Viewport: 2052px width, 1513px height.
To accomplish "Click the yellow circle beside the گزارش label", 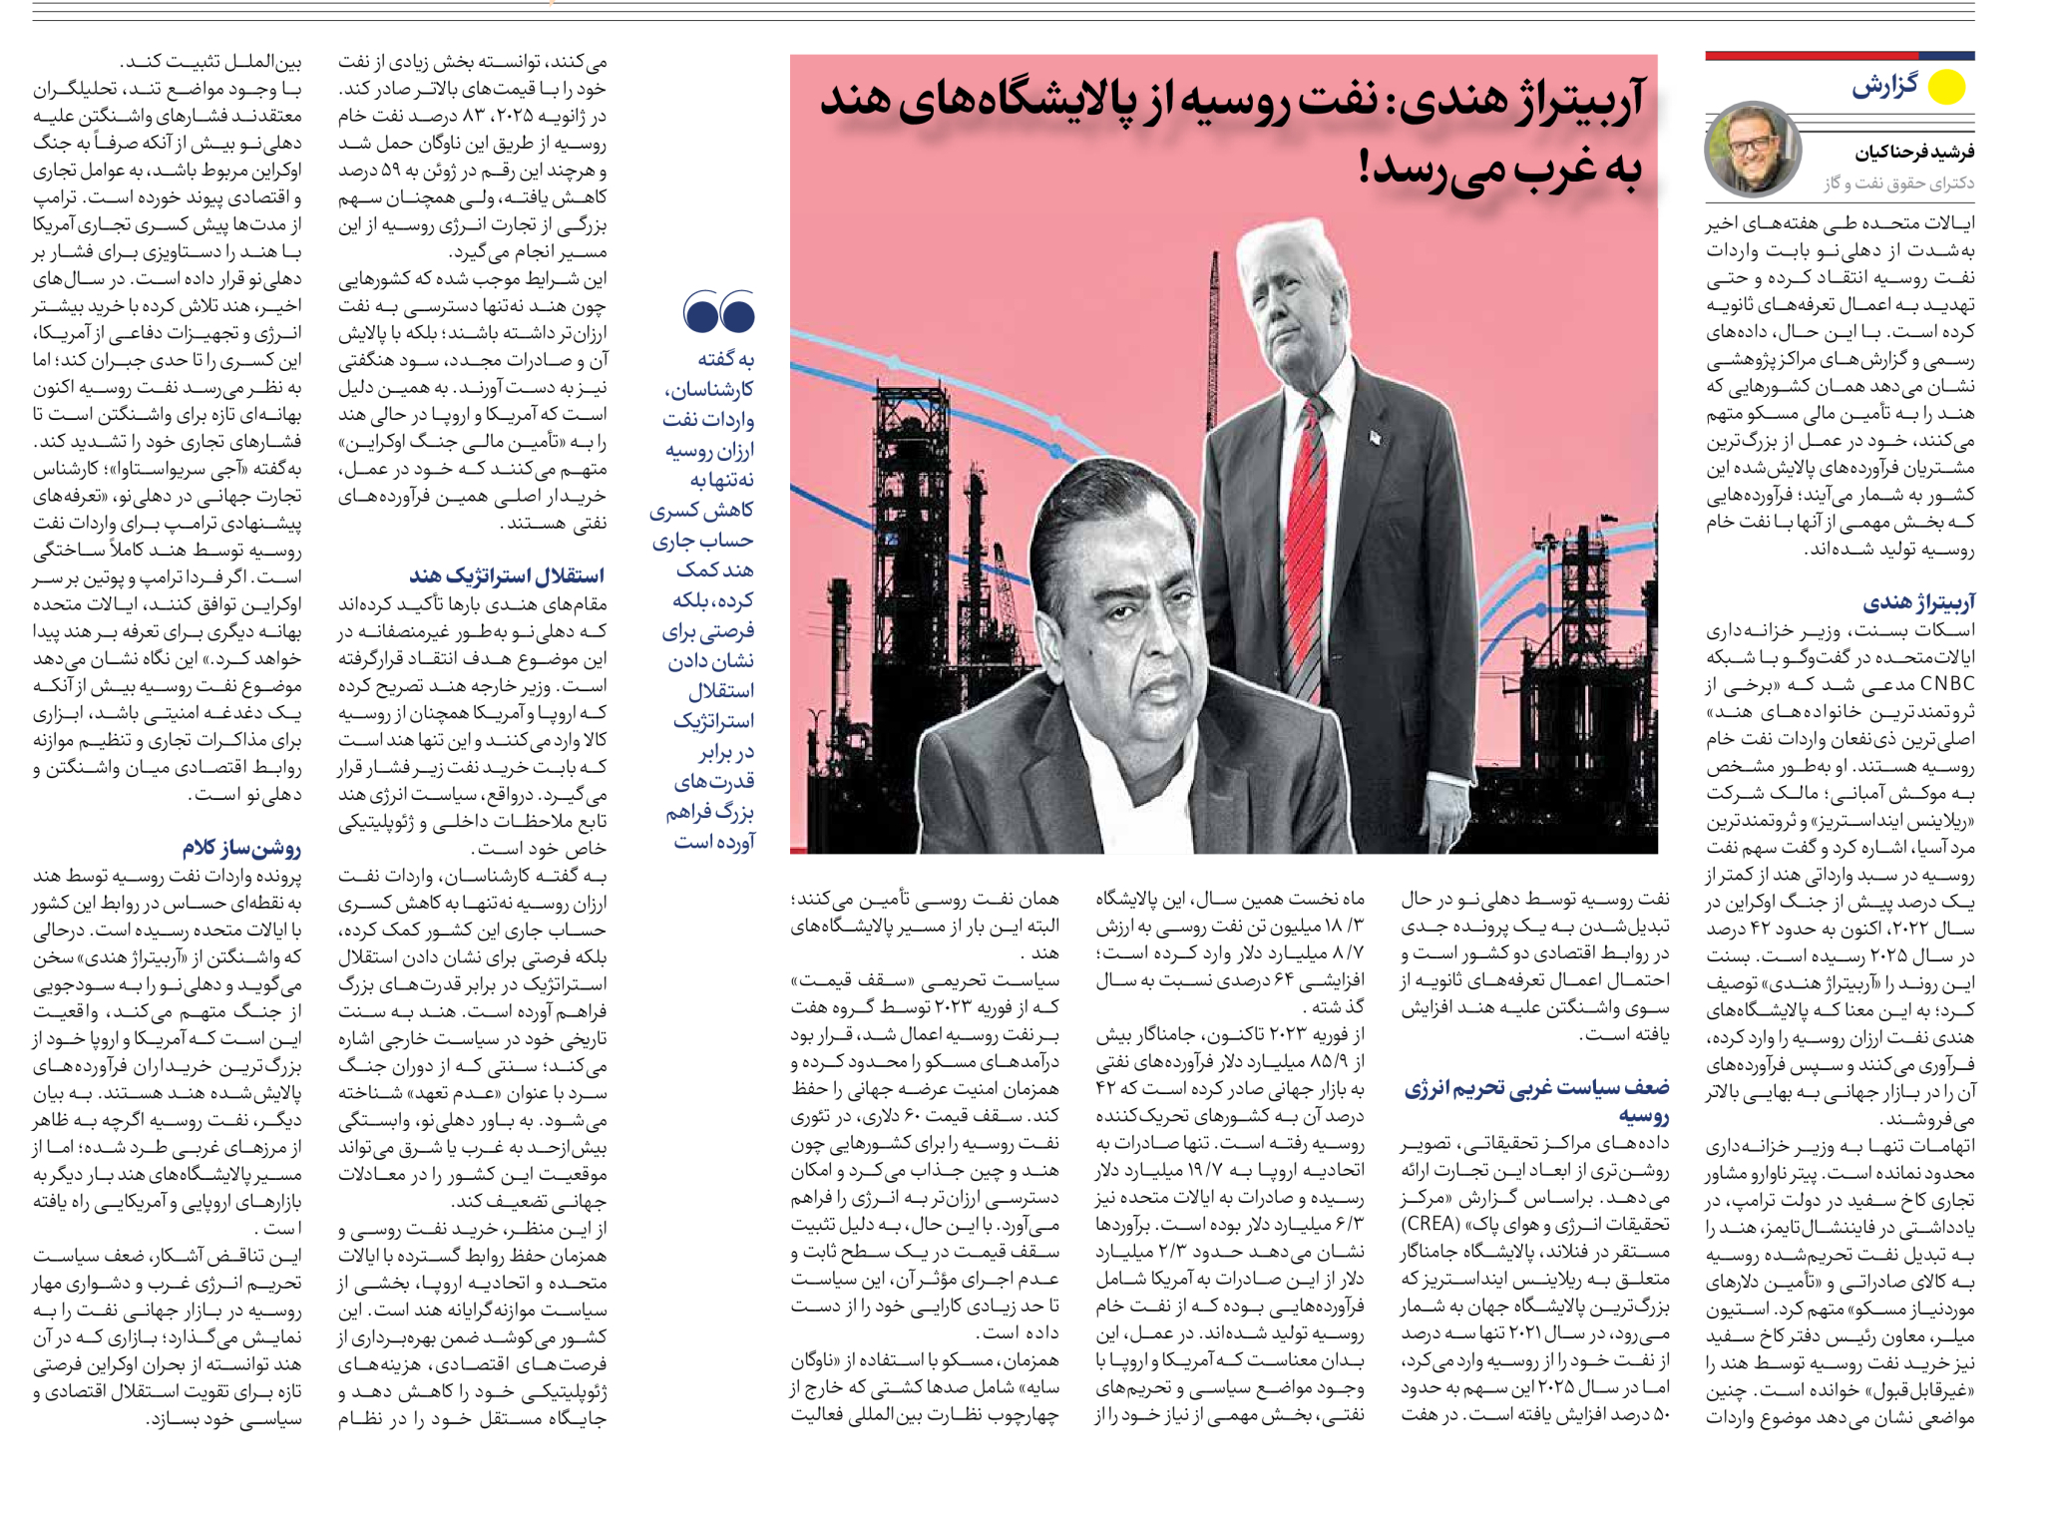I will [x=1945, y=87].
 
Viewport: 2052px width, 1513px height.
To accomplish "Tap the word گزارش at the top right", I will [x=1884, y=86].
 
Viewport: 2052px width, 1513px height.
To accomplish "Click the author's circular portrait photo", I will [x=1753, y=149].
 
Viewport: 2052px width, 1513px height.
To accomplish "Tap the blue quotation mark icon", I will [x=718, y=312].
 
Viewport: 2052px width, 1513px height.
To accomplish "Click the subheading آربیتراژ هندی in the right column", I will [x=1918, y=602].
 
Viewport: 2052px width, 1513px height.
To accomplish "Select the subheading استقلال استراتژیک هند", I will [x=506, y=575].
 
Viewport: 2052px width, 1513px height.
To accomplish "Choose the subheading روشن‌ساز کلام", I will [x=240, y=848].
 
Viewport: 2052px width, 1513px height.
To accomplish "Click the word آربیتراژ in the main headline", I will [x=1573, y=103].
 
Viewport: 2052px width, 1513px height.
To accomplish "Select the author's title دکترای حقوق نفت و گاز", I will [x=1898, y=183].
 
